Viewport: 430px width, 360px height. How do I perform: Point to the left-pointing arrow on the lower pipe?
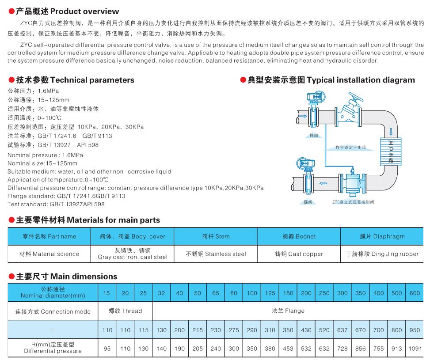(x=323, y=182)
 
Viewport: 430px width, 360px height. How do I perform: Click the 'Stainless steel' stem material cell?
(x=216, y=254)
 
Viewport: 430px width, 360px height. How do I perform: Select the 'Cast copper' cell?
(x=299, y=254)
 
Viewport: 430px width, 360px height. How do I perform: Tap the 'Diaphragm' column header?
(x=382, y=236)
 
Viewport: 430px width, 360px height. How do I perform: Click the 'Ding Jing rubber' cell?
(x=382, y=254)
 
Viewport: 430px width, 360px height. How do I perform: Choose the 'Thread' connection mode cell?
(x=126, y=311)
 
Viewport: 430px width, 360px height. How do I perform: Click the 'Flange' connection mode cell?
(x=288, y=311)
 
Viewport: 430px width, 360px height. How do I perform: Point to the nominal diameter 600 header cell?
(x=415, y=293)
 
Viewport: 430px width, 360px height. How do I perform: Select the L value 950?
(x=415, y=330)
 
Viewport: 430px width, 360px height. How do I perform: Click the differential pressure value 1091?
(x=415, y=349)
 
